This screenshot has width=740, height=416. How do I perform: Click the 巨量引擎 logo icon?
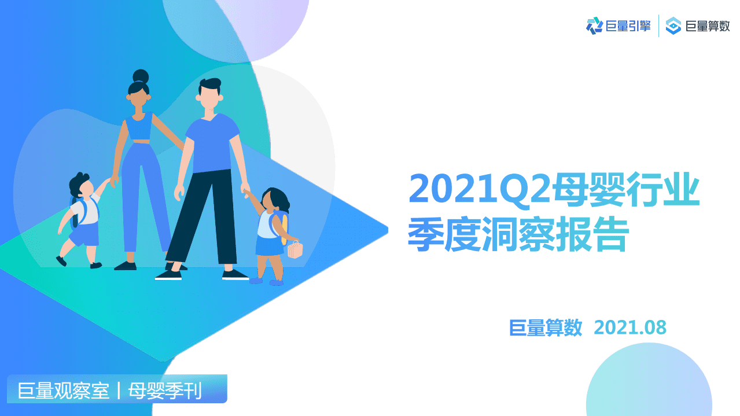[594, 25]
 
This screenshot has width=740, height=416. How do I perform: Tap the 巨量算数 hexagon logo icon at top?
[673, 25]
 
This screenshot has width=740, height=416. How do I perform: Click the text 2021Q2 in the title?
[479, 188]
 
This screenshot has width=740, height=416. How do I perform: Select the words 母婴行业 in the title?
[625, 188]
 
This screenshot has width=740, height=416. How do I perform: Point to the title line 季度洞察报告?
[518, 234]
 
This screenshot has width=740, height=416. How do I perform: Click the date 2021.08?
[630, 327]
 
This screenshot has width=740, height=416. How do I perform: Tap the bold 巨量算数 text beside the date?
[546, 327]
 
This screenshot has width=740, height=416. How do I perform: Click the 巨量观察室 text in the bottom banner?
[63, 391]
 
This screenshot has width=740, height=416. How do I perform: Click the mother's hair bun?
[141, 76]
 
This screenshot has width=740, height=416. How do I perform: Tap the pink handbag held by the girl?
[295, 250]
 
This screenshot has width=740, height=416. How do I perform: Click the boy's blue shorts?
[84, 235]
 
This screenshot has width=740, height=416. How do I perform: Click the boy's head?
[81, 186]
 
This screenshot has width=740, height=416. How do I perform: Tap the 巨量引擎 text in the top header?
[628, 25]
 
